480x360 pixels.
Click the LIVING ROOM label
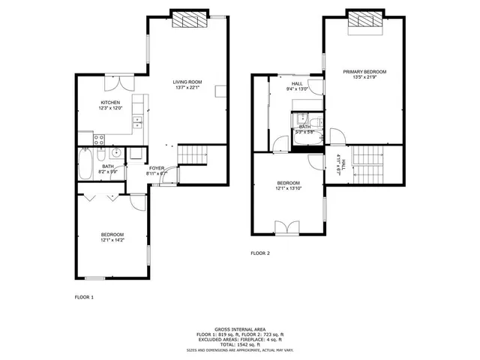pos(187,82)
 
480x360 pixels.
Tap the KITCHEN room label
pos(111,103)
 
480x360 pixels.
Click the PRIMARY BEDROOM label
pos(363,72)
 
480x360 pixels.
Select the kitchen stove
pos(99,139)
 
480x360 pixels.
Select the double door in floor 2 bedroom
pos(288,226)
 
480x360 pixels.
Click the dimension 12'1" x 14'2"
pos(112,240)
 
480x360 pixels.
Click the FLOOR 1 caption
pos(84,298)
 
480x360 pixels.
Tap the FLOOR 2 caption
pos(260,253)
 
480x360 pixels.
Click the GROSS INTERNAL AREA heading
pos(240,329)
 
